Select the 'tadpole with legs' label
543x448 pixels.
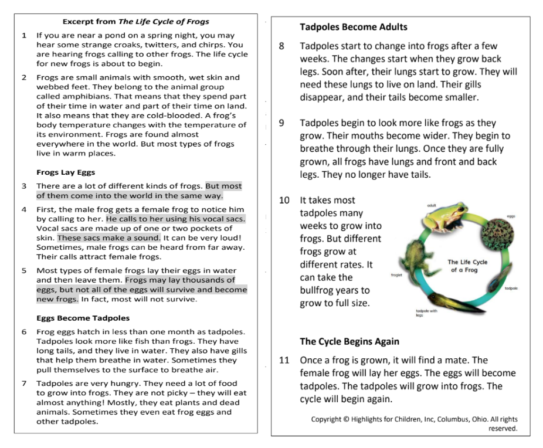(x=427, y=313)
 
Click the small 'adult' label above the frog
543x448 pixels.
(x=432, y=205)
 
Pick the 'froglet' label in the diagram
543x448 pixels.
(x=396, y=274)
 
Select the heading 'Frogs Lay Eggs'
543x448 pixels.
(x=66, y=172)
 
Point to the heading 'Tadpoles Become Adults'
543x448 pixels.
(x=353, y=27)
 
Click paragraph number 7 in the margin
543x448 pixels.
(x=24, y=383)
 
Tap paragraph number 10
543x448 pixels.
(x=284, y=201)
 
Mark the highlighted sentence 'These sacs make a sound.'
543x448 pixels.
(x=108, y=237)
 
